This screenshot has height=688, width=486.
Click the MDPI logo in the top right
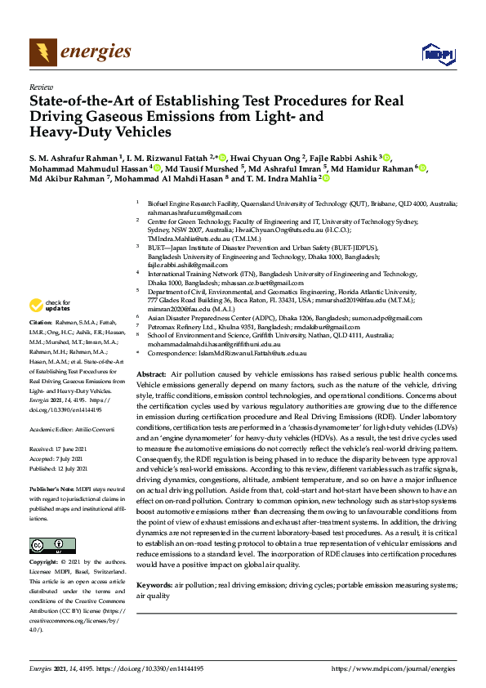click(438, 54)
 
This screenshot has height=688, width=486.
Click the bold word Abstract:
click(152, 373)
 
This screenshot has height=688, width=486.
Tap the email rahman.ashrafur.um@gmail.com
click(189, 211)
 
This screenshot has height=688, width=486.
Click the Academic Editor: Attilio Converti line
click(72, 428)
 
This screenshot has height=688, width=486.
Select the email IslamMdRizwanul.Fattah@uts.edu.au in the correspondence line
click(255, 352)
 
